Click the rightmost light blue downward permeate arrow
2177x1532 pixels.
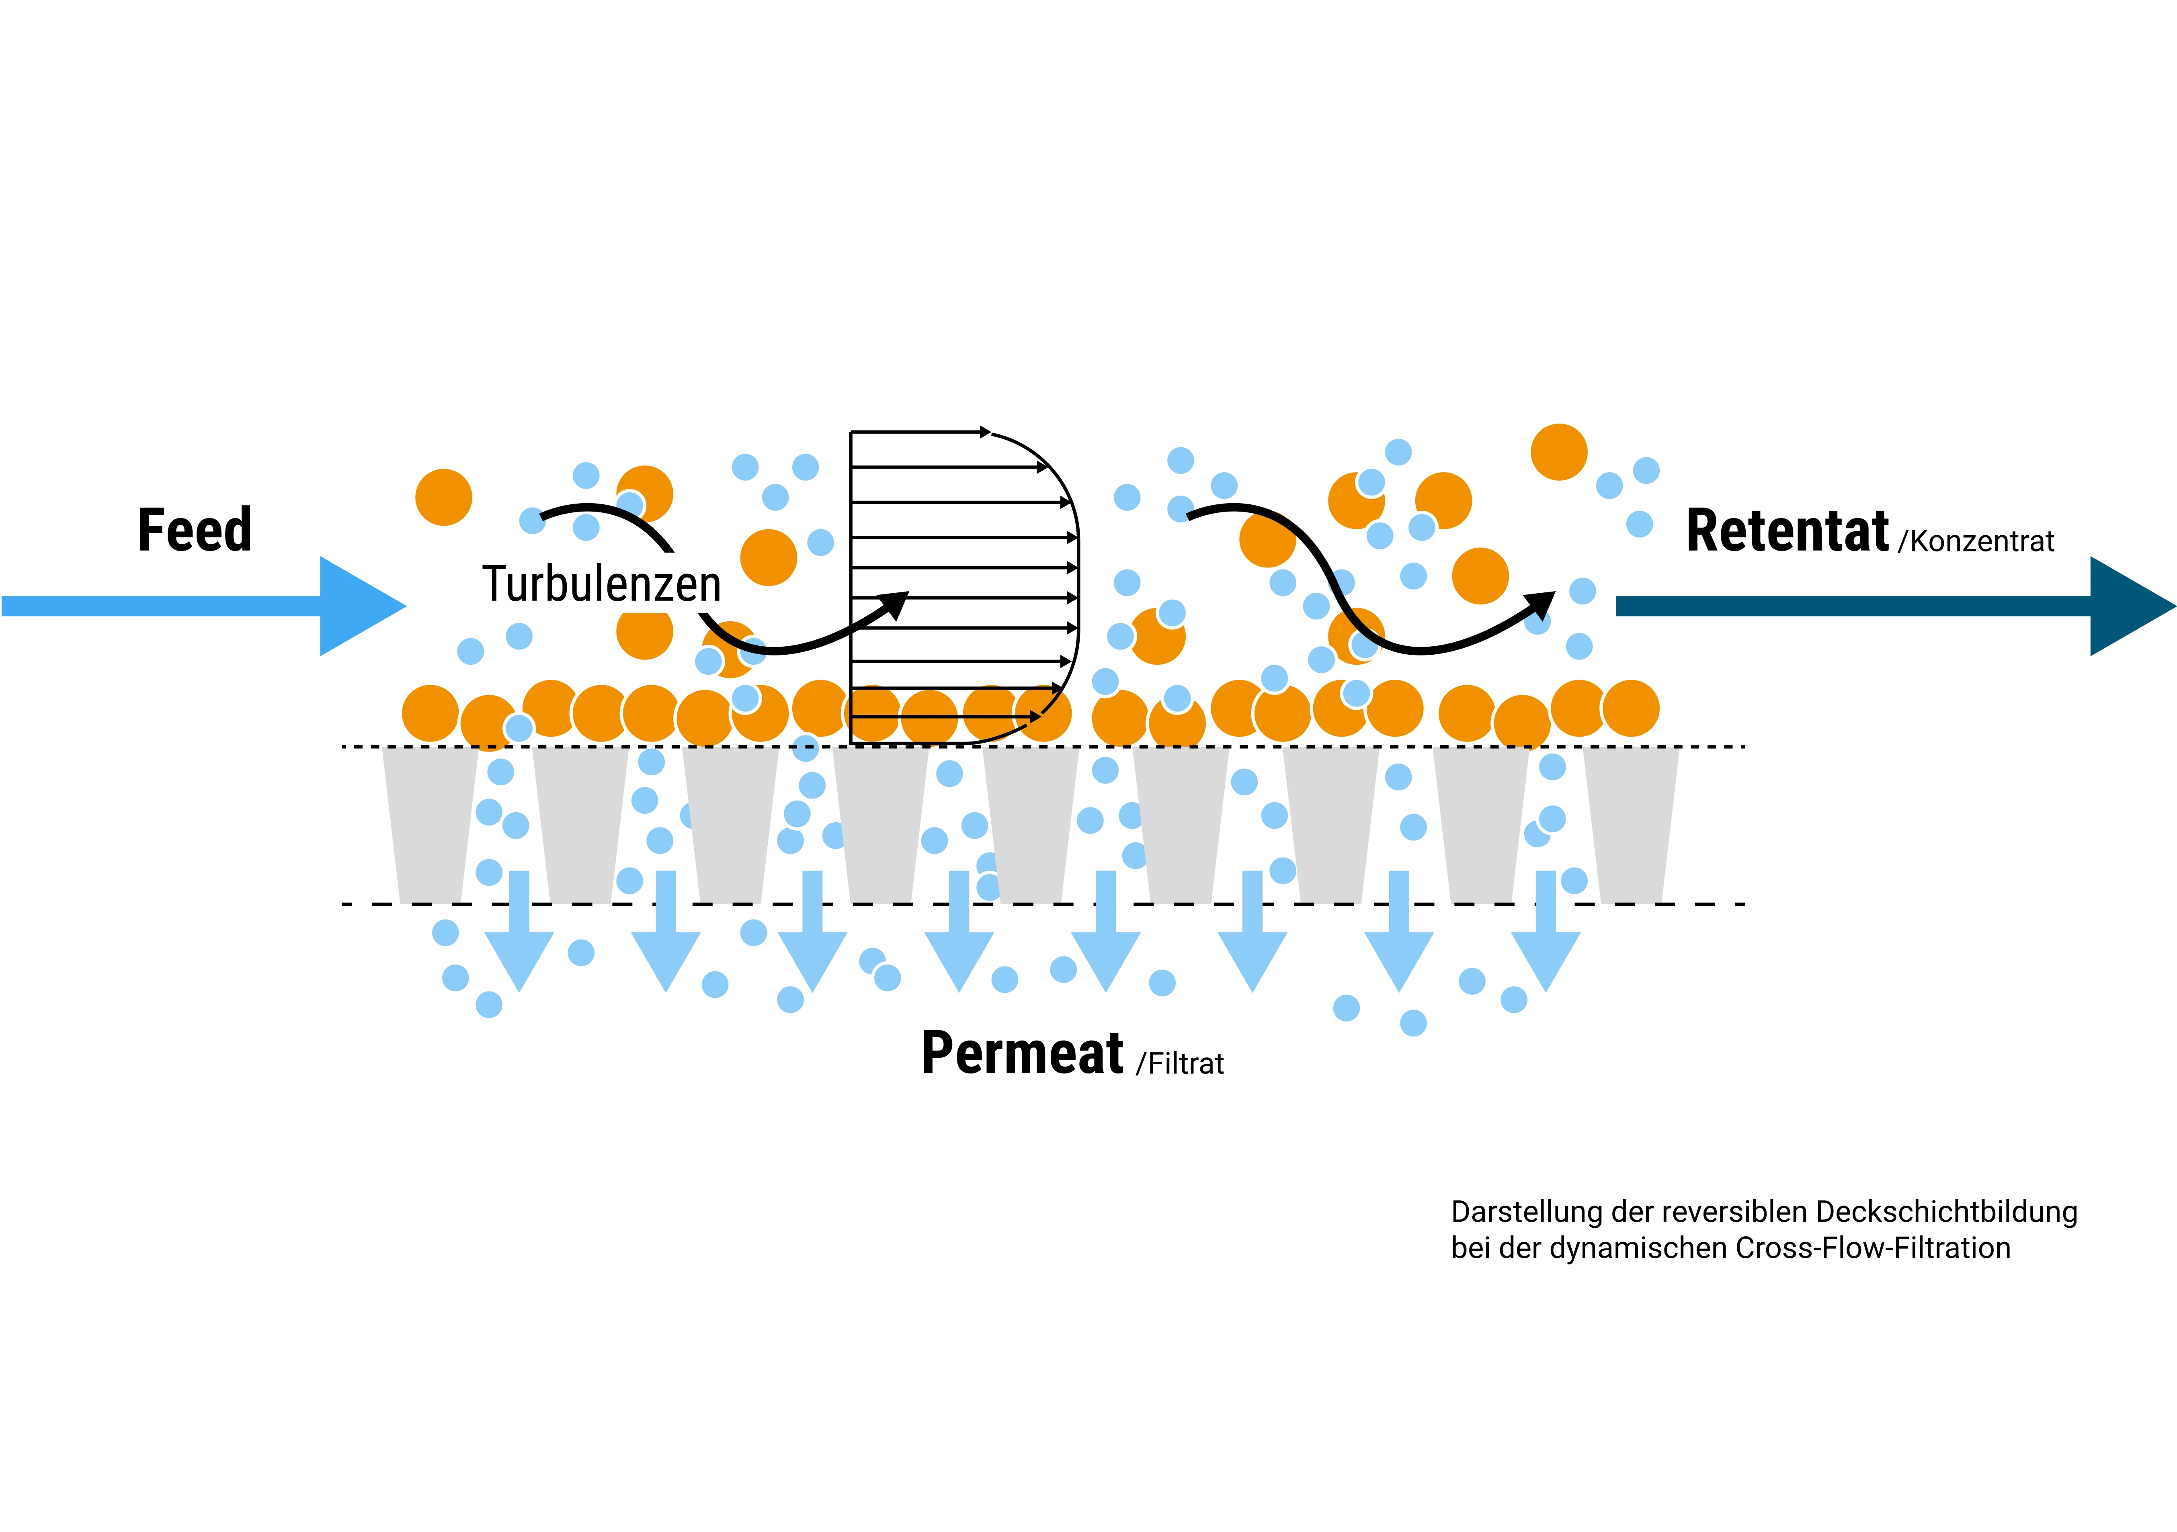click(x=1546, y=938)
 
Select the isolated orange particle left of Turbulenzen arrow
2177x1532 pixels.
click(x=444, y=497)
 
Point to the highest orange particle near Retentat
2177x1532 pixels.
click(x=1559, y=452)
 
